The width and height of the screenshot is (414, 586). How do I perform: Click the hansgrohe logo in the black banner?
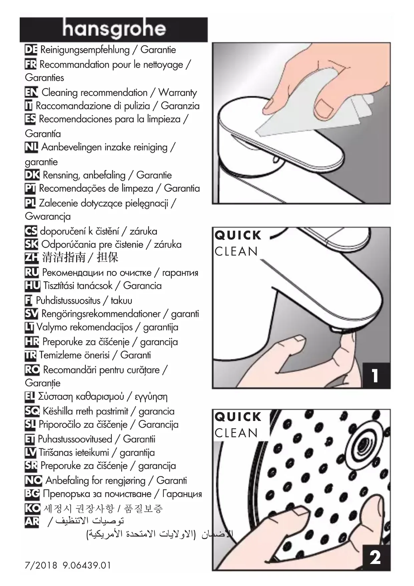tap(114, 29)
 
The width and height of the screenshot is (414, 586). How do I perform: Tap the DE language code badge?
tap(31, 50)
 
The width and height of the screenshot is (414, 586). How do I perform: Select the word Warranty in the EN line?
tap(177, 93)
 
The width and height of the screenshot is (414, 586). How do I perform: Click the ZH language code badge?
tap(32, 258)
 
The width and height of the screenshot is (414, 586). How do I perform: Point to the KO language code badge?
tap(32, 508)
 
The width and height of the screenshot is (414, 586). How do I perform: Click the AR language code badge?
tap(32, 521)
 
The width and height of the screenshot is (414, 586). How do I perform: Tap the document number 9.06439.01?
tap(86, 565)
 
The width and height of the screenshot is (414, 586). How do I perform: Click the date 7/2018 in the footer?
tap(41, 565)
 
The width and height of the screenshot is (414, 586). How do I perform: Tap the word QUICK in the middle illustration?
tap(238, 235)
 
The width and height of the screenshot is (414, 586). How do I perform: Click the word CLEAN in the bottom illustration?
tap(236, 433)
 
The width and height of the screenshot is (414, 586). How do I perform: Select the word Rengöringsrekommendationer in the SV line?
tap(101, 314)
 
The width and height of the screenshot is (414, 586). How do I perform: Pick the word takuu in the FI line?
tap(121, 301)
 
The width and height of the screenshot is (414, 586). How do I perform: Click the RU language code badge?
tap(32, 273)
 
